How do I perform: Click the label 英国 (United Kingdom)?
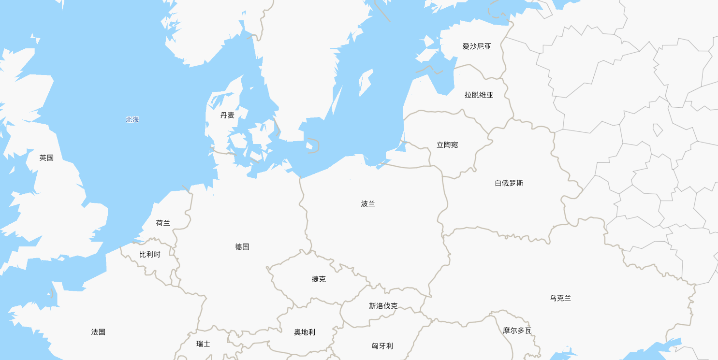(x=46, y=158)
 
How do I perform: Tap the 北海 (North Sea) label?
(x=132, y=119)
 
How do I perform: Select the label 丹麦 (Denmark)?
(x=227, y=115)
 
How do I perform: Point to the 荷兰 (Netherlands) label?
(x=163, y=223)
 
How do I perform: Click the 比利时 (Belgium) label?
(x=149, y=255)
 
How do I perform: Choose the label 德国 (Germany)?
(x=242, y=247)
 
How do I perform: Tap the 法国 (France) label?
(x=98, y=332)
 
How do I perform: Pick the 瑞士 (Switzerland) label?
(x=203, y=344)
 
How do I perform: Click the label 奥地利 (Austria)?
(x=305, y=332)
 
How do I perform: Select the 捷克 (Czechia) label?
(x=319, y=279)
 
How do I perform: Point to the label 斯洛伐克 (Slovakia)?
(x=383, y=306)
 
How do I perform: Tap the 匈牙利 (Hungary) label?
(x=382, y=346)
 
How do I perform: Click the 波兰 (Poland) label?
(x=368, y=204)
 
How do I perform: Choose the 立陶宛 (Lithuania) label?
(x=447, y=145)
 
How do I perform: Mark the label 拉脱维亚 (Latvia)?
(x=479, y=95)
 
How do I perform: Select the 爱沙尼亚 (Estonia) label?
(x=477, y=47)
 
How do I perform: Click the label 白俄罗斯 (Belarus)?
(x=509, y=183)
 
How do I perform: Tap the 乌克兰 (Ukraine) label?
(x=560, y=298)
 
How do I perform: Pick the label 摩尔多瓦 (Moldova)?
(x=517, y=331)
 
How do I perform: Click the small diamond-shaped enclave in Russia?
(x=658, y=130)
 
